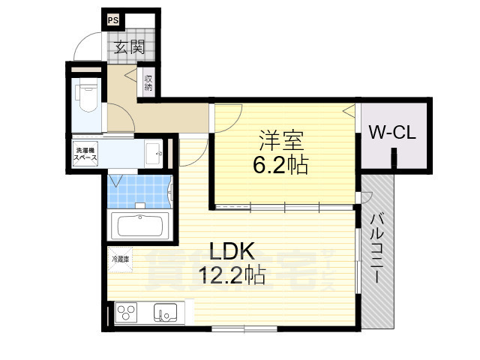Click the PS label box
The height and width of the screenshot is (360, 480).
[112, 20]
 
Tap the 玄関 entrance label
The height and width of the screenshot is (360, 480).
[129, 47]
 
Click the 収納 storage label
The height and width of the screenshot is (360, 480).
[148, 82]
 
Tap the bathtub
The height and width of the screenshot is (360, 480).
[141, 225]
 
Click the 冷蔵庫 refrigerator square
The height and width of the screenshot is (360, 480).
[120, 259]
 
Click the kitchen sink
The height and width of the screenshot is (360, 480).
[165, 312]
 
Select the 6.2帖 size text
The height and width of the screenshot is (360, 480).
[281, 164]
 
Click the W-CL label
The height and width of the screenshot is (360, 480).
[392, 133]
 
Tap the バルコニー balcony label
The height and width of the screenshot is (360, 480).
[377, 247]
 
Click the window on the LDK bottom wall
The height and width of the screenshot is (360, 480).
[240, 328]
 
